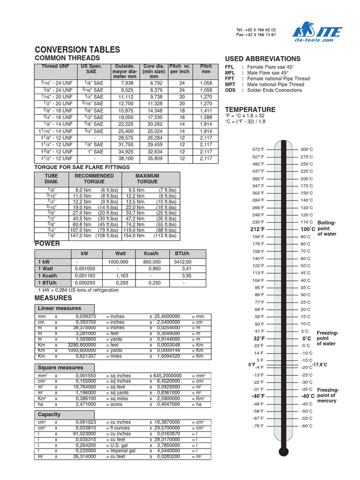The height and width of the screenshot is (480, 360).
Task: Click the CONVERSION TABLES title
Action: coord(77,50)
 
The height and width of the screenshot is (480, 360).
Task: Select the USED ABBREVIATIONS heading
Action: coord(262,59)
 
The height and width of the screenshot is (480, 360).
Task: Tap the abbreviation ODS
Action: coord(230,90)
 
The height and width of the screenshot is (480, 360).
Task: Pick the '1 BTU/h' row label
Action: coord(47,283)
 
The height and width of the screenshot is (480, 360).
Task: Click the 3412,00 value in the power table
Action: coord(183,262)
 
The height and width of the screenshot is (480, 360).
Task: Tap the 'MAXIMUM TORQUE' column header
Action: coord(147,179)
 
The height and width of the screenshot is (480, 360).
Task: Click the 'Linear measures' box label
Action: coord(60,308)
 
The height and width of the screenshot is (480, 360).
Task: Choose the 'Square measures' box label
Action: coord(60,367)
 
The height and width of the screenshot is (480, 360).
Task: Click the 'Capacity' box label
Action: coord(49,414)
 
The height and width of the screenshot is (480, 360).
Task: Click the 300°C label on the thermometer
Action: coord(307,149)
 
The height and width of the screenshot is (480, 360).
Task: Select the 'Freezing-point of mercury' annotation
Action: coord(327,396)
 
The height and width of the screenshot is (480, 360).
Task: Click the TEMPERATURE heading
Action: coord(250,109)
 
